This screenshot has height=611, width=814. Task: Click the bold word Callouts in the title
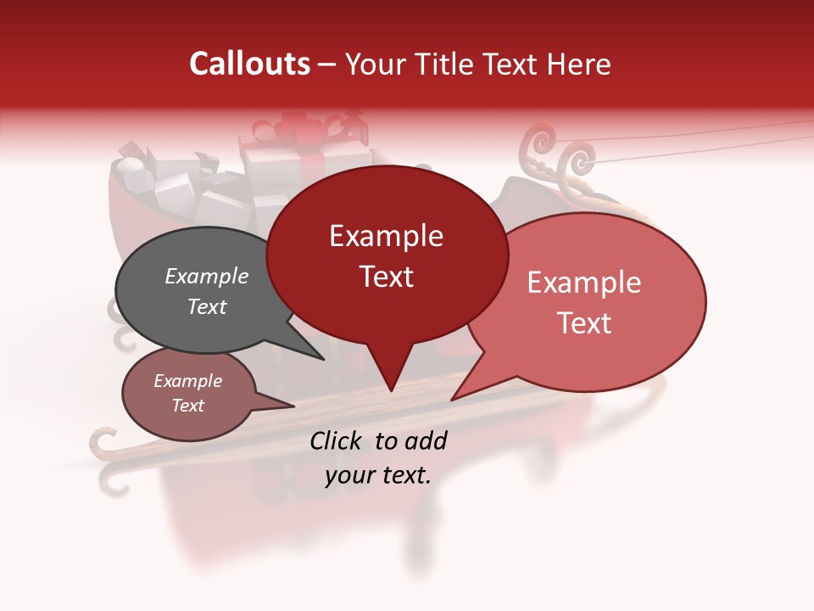(249, 64)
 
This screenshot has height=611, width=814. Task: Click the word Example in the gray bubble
(207, 277)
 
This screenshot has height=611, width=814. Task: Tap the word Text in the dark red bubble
(387, 277)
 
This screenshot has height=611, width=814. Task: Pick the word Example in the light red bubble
(584, 283)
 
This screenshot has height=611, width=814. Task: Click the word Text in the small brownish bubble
(188, 406)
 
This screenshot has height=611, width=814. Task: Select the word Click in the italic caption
(337, 440)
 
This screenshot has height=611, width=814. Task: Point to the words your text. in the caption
(378, 475)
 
